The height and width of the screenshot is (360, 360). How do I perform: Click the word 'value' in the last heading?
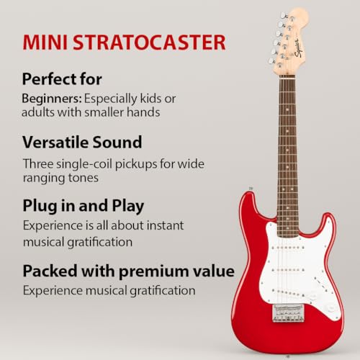[214, 271]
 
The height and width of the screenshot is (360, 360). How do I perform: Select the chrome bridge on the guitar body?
[288, 312]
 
